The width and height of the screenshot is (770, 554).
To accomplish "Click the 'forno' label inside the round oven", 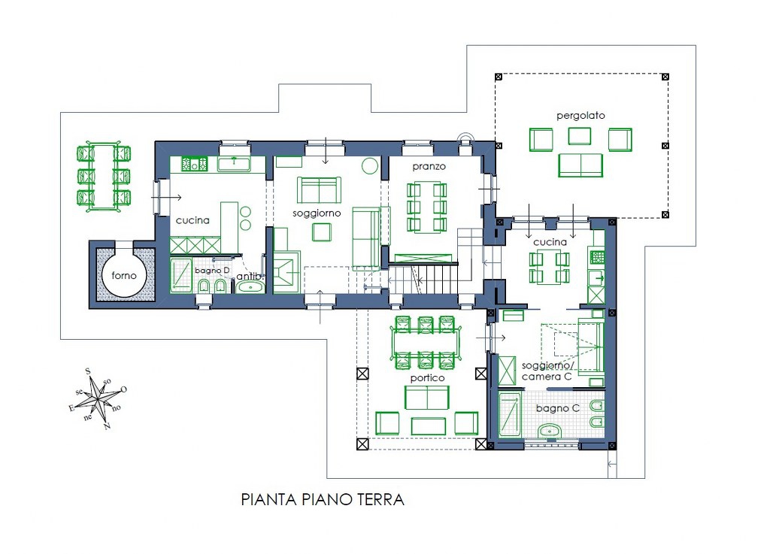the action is (124, 275).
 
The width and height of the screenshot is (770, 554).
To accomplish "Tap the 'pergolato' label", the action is (581, 116).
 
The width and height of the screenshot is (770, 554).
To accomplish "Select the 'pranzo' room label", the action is (429, 167).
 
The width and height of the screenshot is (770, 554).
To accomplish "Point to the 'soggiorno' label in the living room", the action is (317, 213).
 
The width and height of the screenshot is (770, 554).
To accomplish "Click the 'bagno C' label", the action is (557, 408).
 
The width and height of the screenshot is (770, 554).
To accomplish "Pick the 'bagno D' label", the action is (211, 271).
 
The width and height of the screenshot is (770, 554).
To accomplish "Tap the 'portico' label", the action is (427, 378).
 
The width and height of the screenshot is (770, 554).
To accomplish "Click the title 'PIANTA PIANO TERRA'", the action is (323, 500).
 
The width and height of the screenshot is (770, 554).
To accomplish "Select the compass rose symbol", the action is (98, 398).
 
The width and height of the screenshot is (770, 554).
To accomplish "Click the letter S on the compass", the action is (89, 371).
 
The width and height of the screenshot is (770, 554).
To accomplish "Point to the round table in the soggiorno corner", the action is (370, 166).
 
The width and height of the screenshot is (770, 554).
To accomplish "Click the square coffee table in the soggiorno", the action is (322, 232).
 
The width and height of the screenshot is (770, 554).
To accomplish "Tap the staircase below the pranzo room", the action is (424, 280).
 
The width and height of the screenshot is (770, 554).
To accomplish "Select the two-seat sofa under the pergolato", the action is (581, 165).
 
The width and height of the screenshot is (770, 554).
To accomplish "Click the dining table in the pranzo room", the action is (427, 206).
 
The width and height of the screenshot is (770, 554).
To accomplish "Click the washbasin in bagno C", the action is (552, 431).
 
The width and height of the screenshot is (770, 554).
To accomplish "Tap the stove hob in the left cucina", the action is (195, 164).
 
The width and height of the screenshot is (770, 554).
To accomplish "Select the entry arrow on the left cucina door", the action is (166, 198).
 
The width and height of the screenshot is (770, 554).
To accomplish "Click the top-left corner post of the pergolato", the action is (499, 77).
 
